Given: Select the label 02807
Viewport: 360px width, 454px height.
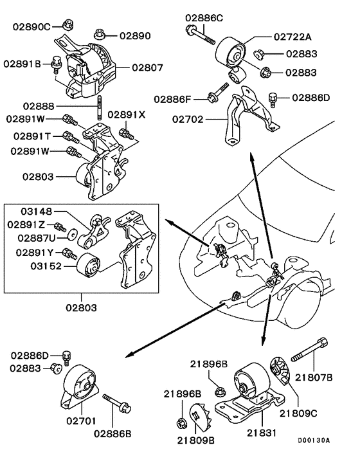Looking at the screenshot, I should click(x=148, y=67).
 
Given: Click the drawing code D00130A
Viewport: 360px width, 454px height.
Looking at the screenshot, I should click(x=313, y=440).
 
